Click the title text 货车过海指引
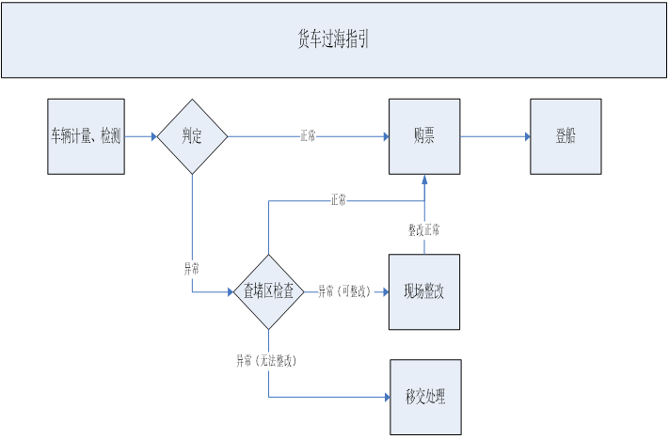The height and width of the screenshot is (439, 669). (333, 39)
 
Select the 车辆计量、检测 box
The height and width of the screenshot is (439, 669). (86, 136)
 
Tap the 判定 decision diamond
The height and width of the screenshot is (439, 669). (192, 136)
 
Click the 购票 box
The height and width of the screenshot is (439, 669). (424, 136)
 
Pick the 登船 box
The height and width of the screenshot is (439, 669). (565, 136)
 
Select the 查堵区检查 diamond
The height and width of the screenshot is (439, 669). (269, 291)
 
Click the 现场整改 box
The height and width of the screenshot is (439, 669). (424, 291)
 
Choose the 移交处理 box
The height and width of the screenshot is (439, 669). (425, 397)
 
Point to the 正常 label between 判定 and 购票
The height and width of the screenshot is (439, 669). (308, 136)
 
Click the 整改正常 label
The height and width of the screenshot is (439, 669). (423, 229)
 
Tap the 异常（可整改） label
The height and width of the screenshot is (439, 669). (344, 291)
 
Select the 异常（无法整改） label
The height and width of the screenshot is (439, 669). (273, 359)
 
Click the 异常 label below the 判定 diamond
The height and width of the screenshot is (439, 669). (191, 268)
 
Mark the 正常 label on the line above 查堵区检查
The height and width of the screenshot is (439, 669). (338, 199)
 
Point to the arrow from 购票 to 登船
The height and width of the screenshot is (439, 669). (495, 136)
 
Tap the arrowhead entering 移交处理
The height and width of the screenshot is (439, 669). (385, 397)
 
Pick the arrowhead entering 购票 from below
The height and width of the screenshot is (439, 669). (424, 180)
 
